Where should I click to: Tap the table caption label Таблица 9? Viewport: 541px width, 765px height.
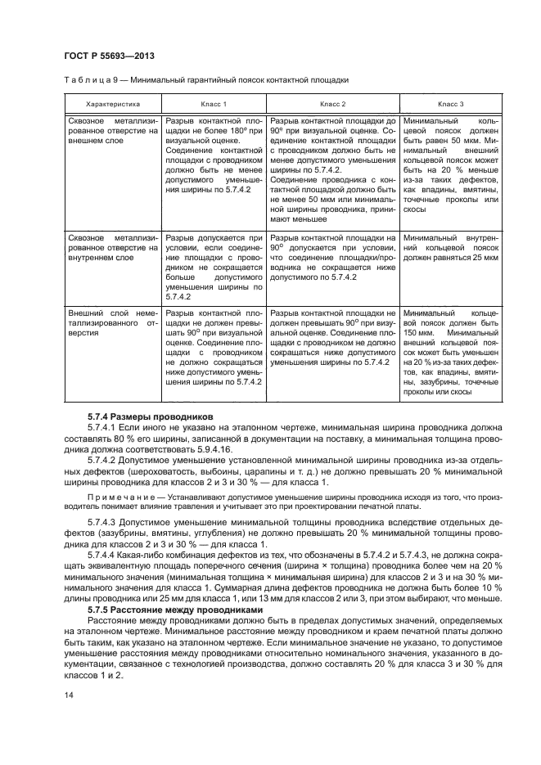(x=90, y=80)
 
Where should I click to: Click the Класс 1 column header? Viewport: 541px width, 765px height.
(x=214, y=104)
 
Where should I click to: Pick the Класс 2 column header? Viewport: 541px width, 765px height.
(x=332, y=104)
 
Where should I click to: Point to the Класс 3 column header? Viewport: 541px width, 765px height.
(x=450, y=104)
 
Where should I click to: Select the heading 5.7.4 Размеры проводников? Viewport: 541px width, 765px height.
(x=150, y=416)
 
